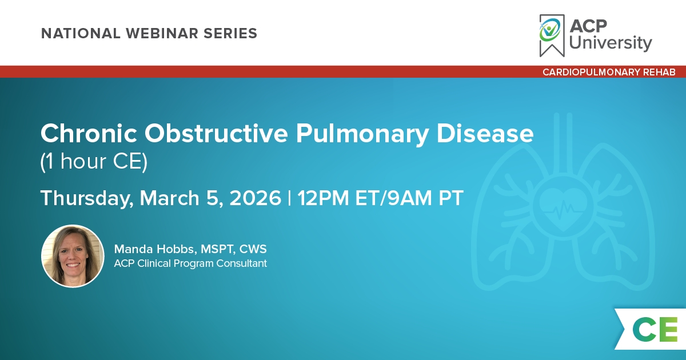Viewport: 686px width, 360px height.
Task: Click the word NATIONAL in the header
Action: [81, 33]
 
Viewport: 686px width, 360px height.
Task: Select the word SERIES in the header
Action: [230, 33]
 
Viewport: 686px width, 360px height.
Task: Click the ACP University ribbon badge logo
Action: [552, 35]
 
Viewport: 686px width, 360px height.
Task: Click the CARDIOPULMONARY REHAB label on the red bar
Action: [609, 72]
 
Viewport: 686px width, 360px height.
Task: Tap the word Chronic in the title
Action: [89, 134]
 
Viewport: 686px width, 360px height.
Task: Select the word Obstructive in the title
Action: [216, 134]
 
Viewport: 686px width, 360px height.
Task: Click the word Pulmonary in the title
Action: [362, 135]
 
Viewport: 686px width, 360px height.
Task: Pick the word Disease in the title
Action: [485, 134]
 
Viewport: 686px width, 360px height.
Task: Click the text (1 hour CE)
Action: [94, 161]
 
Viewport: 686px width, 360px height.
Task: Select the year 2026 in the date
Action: [255, 198]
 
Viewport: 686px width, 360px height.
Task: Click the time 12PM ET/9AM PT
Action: [380, 198]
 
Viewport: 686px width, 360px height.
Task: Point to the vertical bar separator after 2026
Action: [289, 198]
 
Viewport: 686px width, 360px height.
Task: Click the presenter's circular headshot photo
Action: [73, 256]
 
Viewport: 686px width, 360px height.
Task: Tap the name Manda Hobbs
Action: [155, 249]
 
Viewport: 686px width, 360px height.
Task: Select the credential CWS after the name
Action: [253, 249]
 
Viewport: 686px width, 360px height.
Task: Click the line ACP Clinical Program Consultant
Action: [190, 263]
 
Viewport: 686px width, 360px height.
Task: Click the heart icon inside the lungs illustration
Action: [563, 208]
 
